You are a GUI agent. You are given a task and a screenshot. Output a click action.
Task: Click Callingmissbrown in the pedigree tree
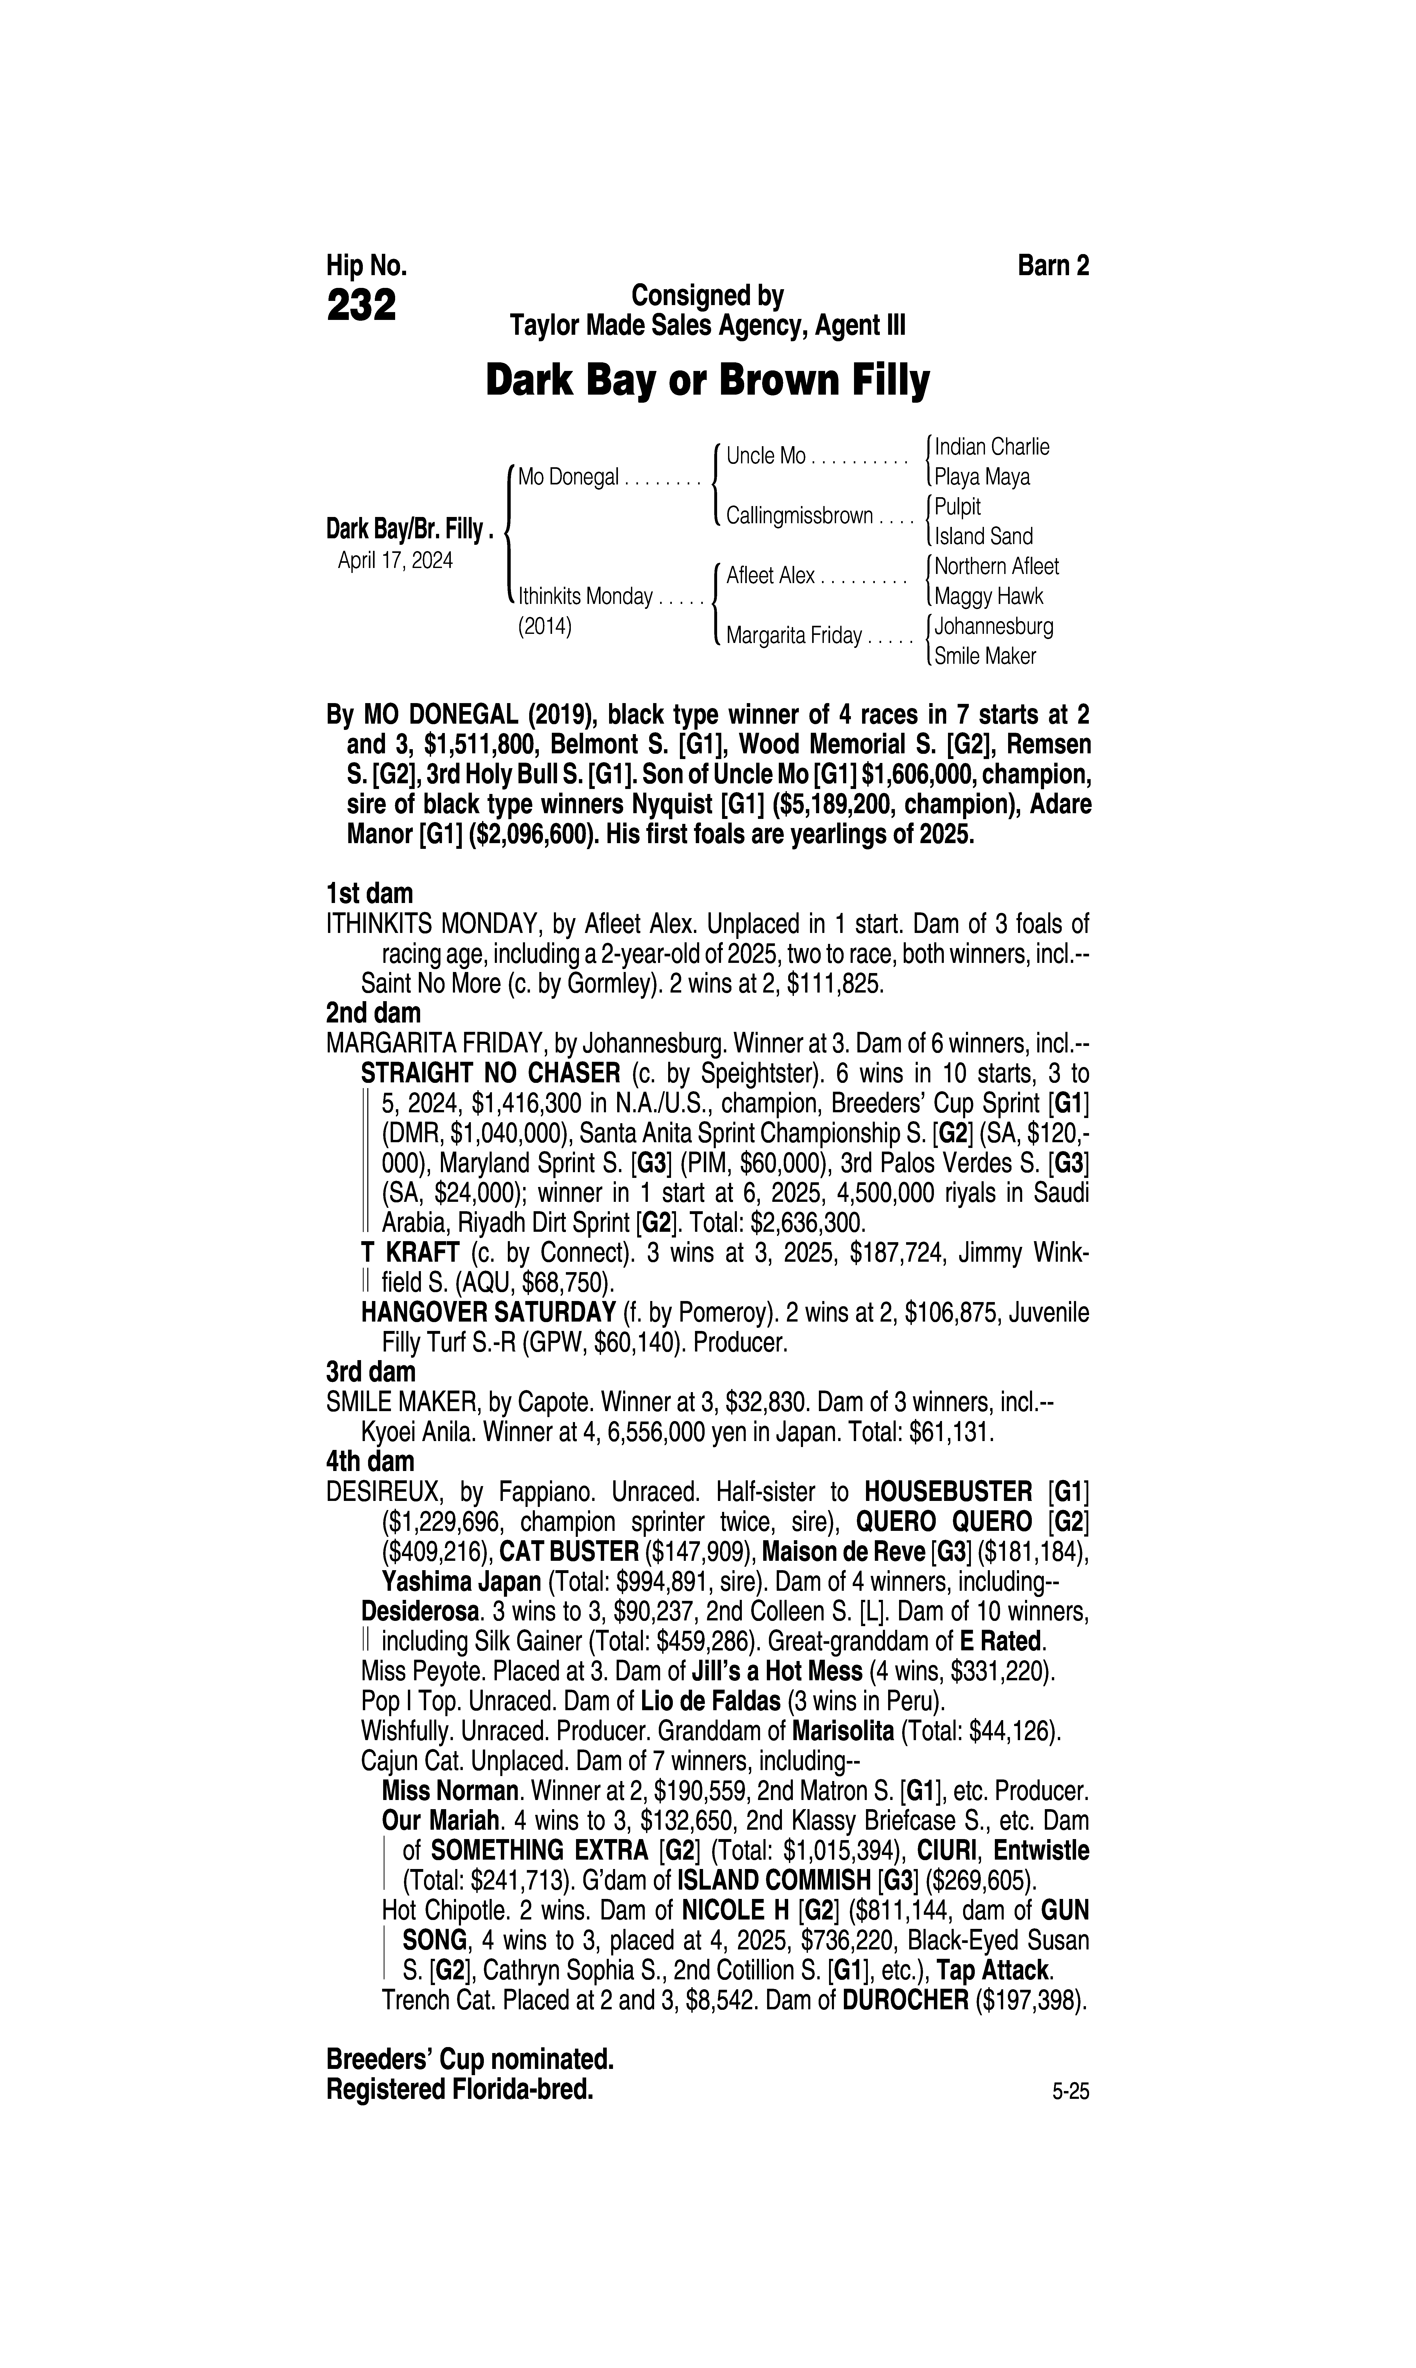[799, 516]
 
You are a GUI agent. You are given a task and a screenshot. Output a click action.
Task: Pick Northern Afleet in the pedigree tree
[996, 567]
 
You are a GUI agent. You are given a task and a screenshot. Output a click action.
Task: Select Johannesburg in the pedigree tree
[993, 627]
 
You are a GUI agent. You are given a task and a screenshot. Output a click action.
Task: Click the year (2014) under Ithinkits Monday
[544, 628]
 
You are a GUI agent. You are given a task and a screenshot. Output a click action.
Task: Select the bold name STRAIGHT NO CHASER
[490, 1072]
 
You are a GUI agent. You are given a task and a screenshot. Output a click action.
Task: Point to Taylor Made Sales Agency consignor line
[707, 326]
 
